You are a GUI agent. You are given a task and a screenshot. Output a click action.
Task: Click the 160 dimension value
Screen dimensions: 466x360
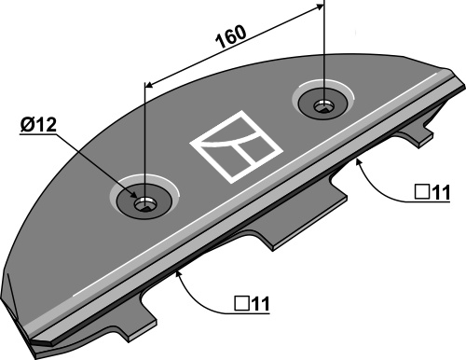pos(231,36)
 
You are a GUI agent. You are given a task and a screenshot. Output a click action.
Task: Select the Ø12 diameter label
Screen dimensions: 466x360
pos(38,125)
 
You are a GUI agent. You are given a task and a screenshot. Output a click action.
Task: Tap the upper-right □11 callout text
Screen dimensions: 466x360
pos(432,192)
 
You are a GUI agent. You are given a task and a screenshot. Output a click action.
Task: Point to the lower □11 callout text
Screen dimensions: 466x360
pos(252,303)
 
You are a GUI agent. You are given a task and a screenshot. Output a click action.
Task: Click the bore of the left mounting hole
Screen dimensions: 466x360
pos(145,204)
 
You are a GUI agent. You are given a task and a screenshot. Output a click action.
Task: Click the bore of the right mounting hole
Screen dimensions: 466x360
pos(324,106)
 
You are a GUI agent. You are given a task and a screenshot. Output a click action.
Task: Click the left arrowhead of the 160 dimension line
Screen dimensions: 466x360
pos(149,85)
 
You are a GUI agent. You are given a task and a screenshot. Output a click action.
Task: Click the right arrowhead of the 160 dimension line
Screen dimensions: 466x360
pos(320,7)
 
